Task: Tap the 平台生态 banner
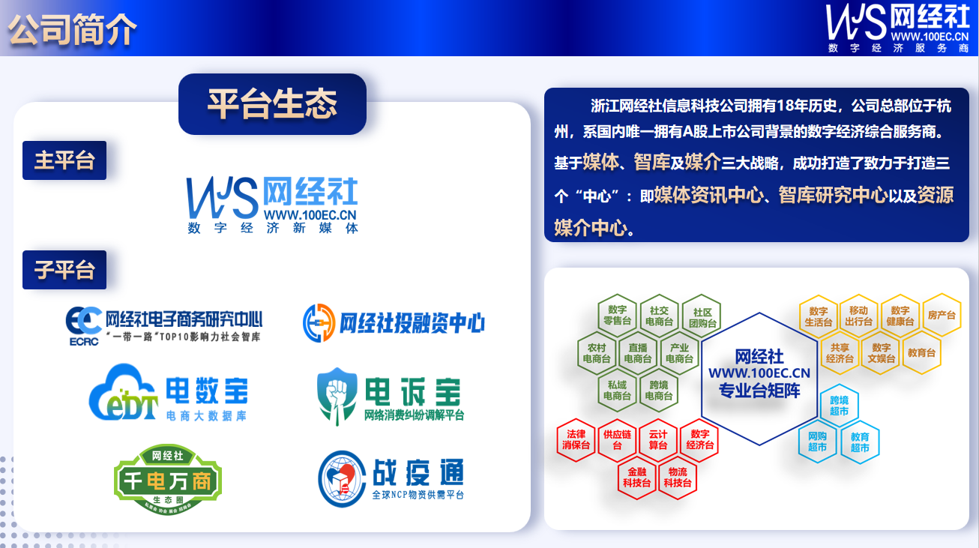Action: click(272, 103)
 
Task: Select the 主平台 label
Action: click(64, 160)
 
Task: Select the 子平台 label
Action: click(64, 269)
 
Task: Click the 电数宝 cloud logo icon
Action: click(124, 394)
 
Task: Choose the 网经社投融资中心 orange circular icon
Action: click(319, 323)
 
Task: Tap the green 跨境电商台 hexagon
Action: click(659, 390)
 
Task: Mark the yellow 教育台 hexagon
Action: click(921, 352)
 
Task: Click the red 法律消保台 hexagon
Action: click(576, 439)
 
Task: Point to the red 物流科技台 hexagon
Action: click(678, 478)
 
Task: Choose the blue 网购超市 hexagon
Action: click(817, 442)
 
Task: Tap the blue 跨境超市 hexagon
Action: click(839, 406)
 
